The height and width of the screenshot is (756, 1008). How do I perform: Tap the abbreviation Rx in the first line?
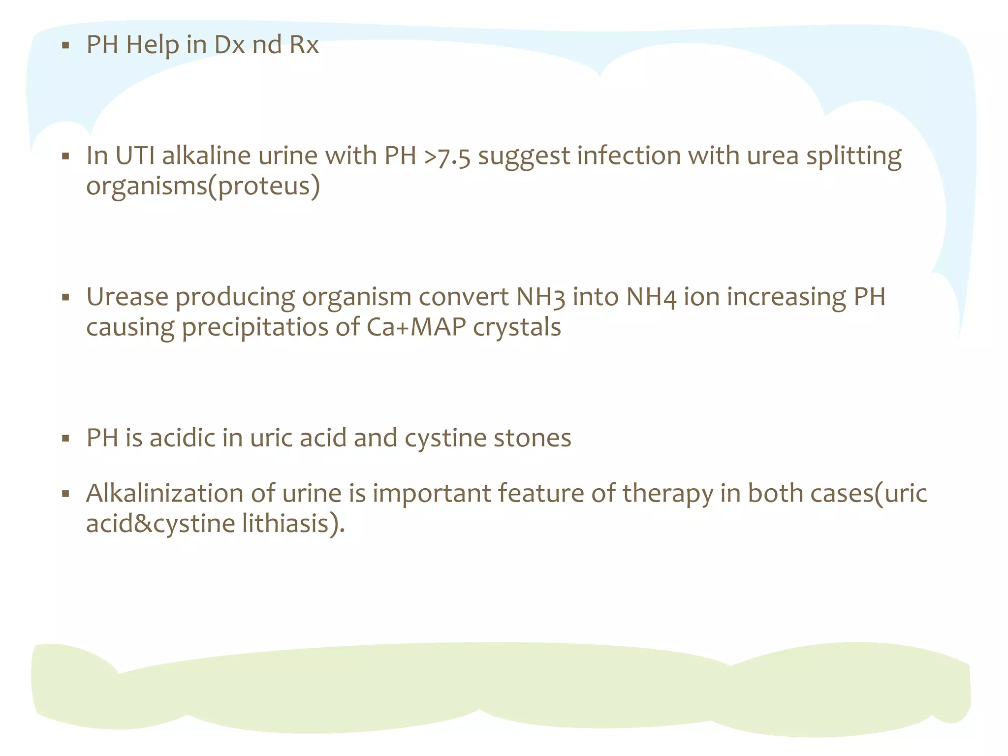coord(304,45)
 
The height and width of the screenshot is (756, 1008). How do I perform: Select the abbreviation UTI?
coord(134,156)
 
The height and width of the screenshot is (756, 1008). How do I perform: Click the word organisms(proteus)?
coord(203,187)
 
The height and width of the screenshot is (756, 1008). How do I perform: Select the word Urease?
coord(127,297)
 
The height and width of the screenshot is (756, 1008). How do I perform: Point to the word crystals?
coord(517,327)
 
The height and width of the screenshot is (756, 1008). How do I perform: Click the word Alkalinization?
coord(165,493)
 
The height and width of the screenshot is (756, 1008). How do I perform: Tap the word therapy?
coord(667,494)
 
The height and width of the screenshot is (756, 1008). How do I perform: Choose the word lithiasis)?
coord(293,524)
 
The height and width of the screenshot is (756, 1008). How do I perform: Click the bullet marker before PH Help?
coord(65,46)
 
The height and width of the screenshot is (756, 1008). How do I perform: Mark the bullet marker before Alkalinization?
coord(65,494)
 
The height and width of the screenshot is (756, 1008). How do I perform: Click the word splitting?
coord(853,157)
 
